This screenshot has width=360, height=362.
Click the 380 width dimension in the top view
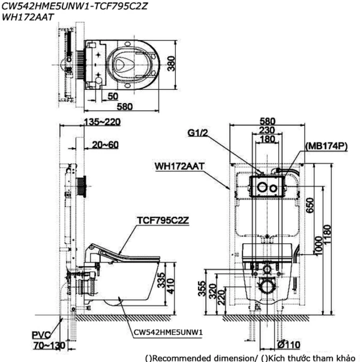pyautogui.click(x=170, y=63)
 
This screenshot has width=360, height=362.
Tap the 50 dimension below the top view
pyautogui.click(x=112, y=96)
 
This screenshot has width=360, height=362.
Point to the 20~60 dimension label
pyautogui.click(x=106, y=145)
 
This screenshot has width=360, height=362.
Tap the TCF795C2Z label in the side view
pyautogui.click(x=163, y=221)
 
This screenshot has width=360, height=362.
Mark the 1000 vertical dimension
pyautogui.click(x=319, y=245)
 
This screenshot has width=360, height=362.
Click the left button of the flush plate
pyautogui.click(x=262, y=188)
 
